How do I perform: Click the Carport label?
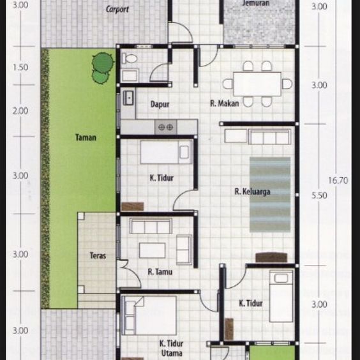click(118, 9)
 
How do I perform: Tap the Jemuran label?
click(256, 3)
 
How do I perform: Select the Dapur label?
click(160, 103)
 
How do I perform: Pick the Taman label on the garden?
click(86, 137)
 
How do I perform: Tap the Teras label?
click(98, 256)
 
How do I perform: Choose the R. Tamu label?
click(160, 272)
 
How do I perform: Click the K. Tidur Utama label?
click(171, 348)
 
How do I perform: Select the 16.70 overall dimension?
click(338, 181)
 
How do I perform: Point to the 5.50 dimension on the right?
click(319, 196)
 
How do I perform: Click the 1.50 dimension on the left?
click(20, 67)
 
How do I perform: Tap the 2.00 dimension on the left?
click(20, 110)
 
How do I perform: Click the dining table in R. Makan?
click(257, 84)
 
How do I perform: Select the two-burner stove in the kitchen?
click(165, 127)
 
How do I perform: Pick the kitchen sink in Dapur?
click(128, 99)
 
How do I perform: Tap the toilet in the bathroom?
click(130, 59)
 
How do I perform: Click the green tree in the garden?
click(101, 67)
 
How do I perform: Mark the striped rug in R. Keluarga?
click(269, 189)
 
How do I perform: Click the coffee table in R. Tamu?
click(152, 250)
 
